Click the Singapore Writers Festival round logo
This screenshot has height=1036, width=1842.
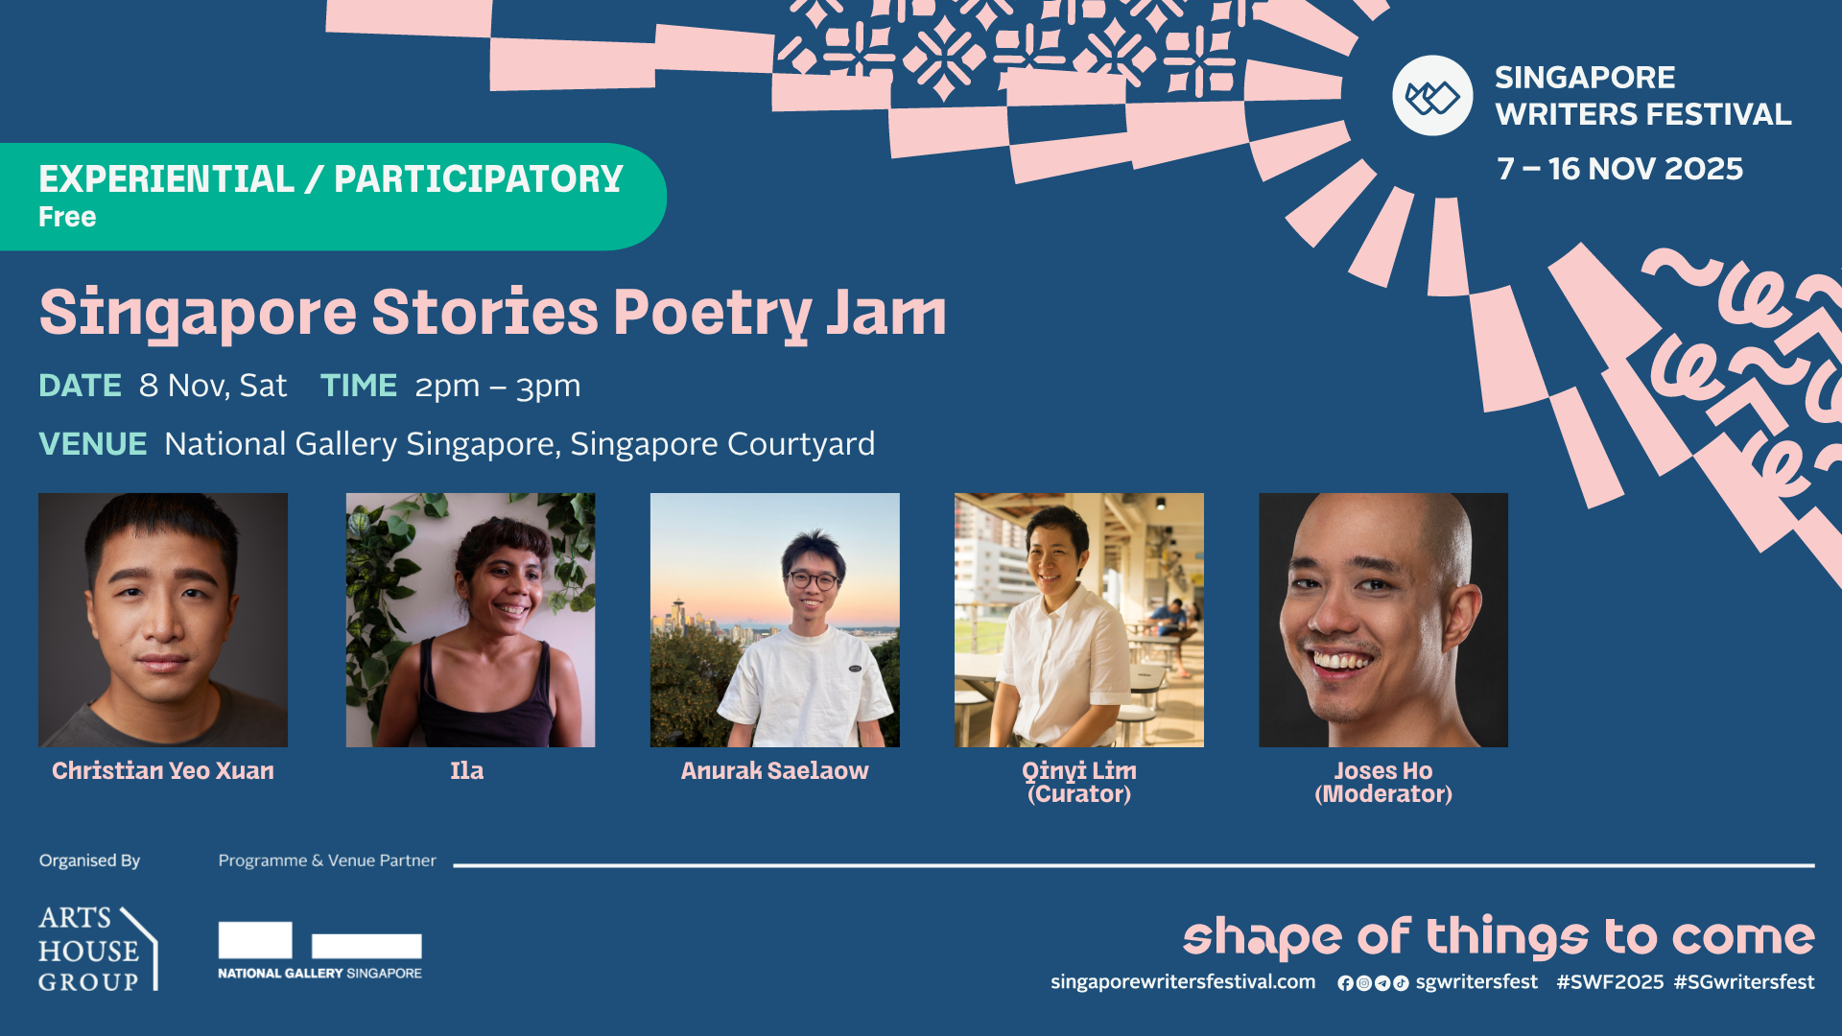(1432, 96)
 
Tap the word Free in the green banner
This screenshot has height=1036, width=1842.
(67, 217)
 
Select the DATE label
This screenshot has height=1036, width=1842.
(80, 386)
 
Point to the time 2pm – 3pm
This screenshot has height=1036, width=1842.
(497, 386)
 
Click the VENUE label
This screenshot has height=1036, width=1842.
(92, 444)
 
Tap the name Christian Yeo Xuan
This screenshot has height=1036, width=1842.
(163, 771)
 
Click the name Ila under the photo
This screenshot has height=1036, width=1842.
(467, 771)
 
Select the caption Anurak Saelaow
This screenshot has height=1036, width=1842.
(774, 771)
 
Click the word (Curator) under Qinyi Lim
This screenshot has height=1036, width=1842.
(1079, 795)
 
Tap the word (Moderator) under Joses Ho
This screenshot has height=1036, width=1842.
(1383, 795)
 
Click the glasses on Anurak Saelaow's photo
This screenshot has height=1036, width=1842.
(813, 579)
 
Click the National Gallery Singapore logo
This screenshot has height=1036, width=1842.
(319, 951)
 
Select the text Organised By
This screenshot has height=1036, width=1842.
(89, 860)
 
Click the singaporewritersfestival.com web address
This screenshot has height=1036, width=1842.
(1183, 982)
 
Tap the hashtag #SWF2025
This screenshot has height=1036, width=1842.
(1610, 982)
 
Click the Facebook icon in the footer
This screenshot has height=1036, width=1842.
(1345, 983)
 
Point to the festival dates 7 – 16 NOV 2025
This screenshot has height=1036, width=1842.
(1619, 169)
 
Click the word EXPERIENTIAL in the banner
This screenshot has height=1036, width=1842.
(166, 179)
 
